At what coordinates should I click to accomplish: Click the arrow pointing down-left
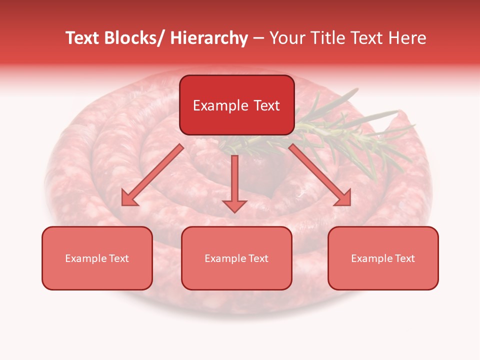(x=152, y=174)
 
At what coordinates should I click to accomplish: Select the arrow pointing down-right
(x=320, y=174)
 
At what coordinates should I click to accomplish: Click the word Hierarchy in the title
(x=209, y=38)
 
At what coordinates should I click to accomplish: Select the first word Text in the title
(x=82, y=38)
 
